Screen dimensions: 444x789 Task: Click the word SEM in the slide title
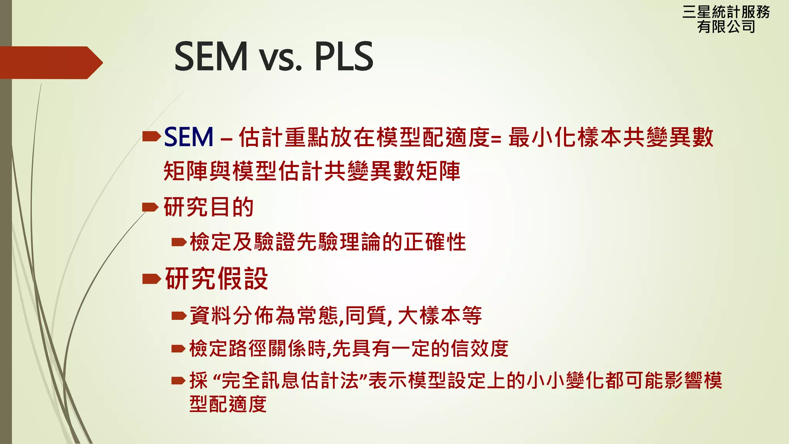(x=211, y=57)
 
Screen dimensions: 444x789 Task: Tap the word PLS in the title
(x=344, y=57)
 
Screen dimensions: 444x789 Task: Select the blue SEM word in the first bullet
(x=188, y=137)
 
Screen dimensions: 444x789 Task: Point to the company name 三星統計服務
(x=726, y=12)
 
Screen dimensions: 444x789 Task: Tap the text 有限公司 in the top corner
(x=726, y=27)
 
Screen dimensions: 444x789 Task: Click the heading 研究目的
(x=208, y=207)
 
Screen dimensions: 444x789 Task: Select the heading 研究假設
(x=216, y=278)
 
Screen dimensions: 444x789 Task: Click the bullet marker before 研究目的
(x=150, y=207)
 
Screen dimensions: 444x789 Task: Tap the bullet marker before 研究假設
(x=151, y=278)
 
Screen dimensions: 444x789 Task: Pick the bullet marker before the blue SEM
(x=151, y=136)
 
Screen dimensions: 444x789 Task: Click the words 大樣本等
(x=440, y=316)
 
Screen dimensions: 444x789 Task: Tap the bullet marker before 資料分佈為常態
(x=179, y=316)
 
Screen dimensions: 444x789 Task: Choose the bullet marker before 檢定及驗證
(x=179, y=242)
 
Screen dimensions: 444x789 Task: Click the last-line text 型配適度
(x=228, y=404)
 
